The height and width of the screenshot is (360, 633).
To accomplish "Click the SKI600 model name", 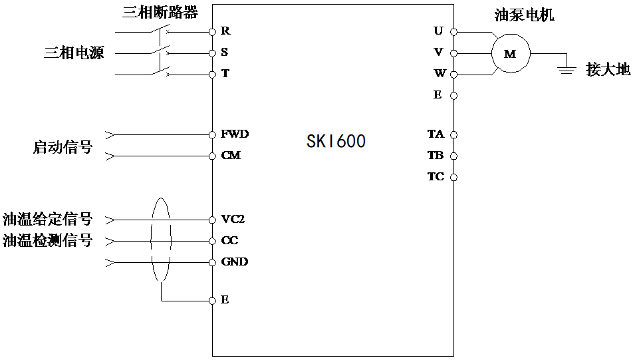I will click(336, 142).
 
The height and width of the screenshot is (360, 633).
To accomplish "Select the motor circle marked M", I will click(510, 53).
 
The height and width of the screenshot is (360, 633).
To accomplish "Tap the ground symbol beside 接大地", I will click(567, 68).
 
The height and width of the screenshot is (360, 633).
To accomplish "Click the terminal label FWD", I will click(235, 134).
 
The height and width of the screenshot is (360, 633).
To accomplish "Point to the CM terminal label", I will click(231, 156).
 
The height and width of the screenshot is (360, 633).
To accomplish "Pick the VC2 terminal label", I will click(233, 219).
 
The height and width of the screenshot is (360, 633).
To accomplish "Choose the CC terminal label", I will click(229, 240).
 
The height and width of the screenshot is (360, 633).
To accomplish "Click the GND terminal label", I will click(234, 262).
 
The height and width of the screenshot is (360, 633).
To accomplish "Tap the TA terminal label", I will click(436, 134).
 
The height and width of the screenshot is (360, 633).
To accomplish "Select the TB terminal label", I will click(436, 155).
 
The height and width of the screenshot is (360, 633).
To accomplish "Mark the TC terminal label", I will click(436, 176).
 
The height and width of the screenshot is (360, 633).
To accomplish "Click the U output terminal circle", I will click(454, 31).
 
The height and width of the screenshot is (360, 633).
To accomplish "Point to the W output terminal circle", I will click(454, 74).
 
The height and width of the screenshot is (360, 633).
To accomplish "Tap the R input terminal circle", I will click(212, 31).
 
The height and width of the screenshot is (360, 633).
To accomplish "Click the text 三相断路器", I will click(160, 12).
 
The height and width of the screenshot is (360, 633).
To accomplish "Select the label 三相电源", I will click(74, 53).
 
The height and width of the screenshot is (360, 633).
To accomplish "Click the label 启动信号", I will click(62, 147).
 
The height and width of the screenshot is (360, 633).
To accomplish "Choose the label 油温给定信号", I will click(47, 219).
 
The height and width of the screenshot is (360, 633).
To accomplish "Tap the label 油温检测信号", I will click(47, 240).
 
